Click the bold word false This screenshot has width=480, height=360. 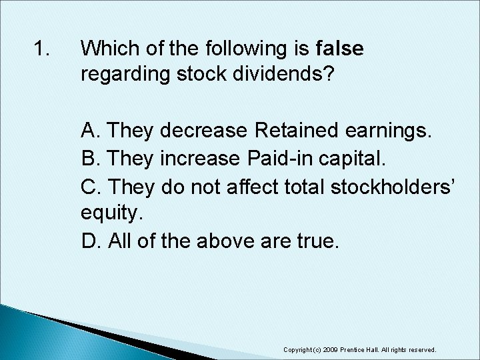[x=340, y=49]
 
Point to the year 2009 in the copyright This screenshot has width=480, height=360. [x=338, y=349]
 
